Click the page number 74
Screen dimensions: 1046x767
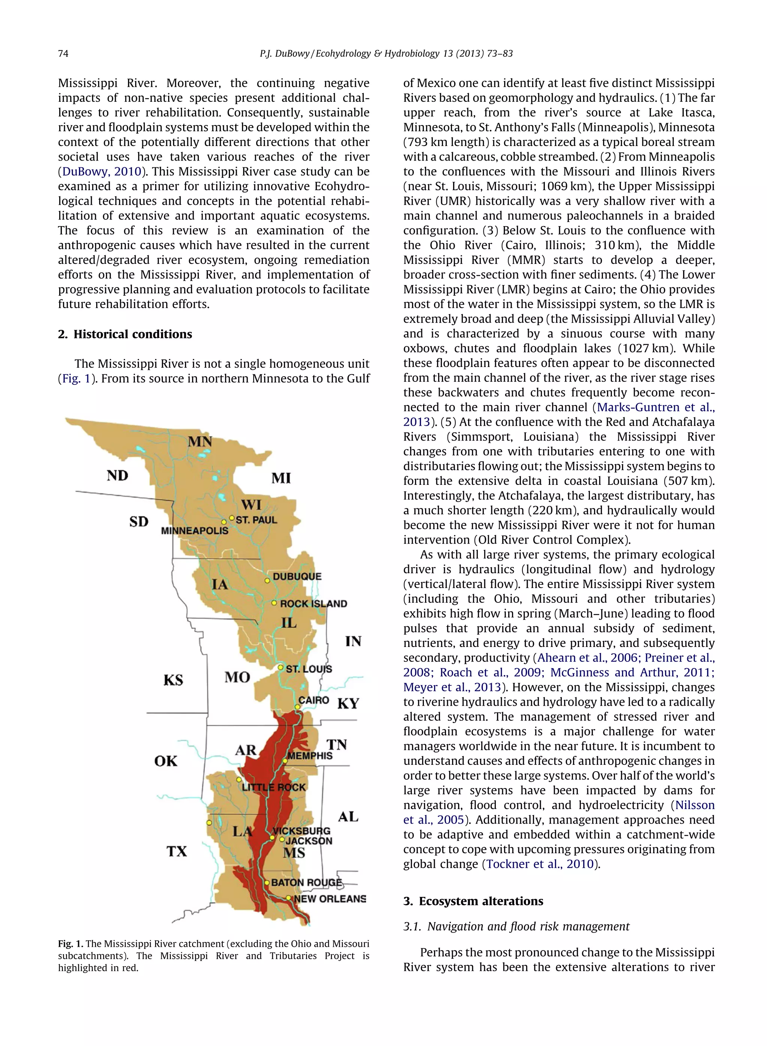(x=63, y=54)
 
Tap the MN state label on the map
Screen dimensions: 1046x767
(x=200, y=441)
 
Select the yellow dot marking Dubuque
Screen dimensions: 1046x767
(x=267, y=581)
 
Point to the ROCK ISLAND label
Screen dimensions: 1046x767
(x=313, y=604)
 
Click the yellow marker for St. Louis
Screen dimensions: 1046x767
(x=281, y=668)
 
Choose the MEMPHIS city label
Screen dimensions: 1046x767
(x=310, y=755)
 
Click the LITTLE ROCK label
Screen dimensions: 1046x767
(x=274, y=788)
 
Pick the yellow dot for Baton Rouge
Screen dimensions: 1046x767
(x=267, y=883)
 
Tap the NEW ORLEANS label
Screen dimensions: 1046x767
(x=330, y=899)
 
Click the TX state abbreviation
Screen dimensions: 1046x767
(x=176, y=851)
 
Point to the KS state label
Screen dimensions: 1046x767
(x=173, y=680)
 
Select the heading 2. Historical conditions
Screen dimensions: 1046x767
(x=125, y=334)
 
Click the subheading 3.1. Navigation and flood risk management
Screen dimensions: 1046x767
(x=516, y=926)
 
